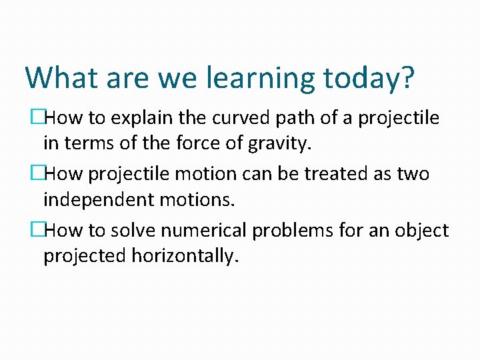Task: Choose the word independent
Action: (x=97, y=199)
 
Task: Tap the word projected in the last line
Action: (x=79, y=256)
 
